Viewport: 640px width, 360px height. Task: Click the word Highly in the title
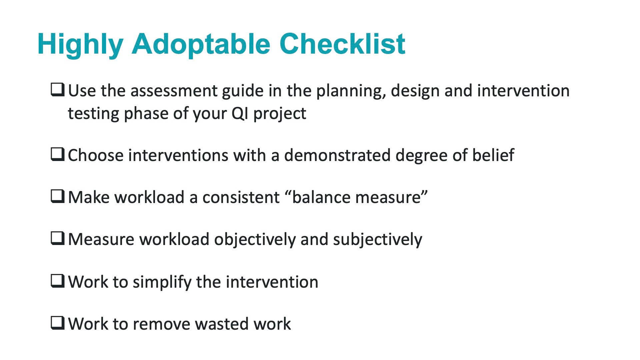point(80,45)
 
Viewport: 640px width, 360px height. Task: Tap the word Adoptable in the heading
point(201,45)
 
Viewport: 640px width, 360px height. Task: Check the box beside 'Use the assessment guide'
point(58,90)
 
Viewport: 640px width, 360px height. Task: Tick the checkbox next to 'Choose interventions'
point(58,155)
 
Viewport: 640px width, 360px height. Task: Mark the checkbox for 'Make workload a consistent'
point(58,197)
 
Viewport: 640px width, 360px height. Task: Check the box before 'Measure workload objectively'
point(58,239)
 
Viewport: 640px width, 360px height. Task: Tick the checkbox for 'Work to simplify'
point(58,281)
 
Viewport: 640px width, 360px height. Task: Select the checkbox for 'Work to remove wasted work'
point(58,323)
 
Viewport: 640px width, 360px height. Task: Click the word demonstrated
point(337,155)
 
